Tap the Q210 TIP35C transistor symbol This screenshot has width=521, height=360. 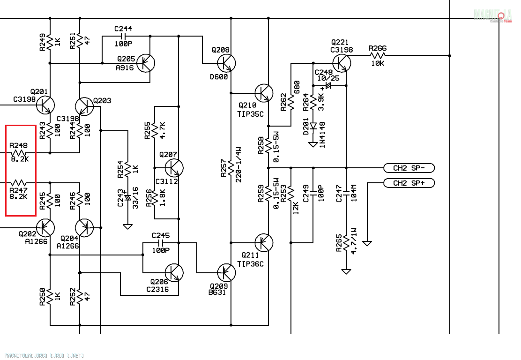click(x=264, y=93)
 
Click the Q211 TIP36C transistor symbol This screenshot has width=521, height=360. click(x=264, y=242)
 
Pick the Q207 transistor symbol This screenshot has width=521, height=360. click(x=174, y=168)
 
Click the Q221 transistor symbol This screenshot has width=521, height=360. click(x=342, y=62)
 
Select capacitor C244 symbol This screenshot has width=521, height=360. click(x=123, y=36)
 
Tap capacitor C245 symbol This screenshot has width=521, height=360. click(x=161, y=243)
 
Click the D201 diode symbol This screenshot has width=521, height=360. click(x=313, y=126)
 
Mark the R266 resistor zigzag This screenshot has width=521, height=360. click(x=377, y=55)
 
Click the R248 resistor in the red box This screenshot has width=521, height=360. click(x=19, y=153)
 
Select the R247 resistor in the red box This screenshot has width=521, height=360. click(x=19, y=183)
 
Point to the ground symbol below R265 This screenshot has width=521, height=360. click(x=346, y=271)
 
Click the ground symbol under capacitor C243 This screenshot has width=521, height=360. click(x=127, y=227)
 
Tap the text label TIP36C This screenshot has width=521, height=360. click(x=250, y=264)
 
